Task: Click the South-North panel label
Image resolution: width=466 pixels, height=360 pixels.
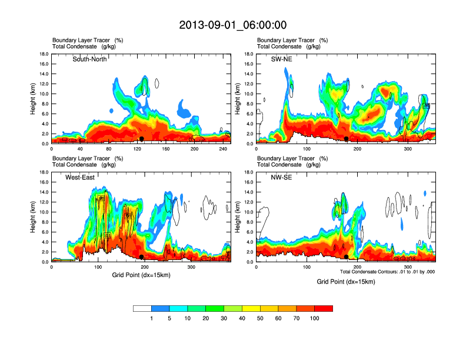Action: [89, 59]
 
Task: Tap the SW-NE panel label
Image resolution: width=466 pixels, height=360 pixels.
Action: [290, 59]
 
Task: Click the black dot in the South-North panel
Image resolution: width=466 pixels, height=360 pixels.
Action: [141, 139]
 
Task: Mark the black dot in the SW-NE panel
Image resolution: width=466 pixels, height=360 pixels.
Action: [347, 139]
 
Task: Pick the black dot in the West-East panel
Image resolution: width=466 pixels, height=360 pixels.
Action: [142, 257]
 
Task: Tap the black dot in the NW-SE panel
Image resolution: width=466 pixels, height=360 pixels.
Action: [346, 257]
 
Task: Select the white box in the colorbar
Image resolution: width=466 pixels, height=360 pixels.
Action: [142, 308]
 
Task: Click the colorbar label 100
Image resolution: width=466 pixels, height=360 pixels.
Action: [315, 318]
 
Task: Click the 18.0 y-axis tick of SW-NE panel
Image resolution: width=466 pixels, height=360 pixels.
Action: [249, 54]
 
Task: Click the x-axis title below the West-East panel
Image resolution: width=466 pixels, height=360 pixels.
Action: [141, 275]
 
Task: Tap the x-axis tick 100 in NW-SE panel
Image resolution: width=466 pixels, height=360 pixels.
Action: [307, 267]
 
